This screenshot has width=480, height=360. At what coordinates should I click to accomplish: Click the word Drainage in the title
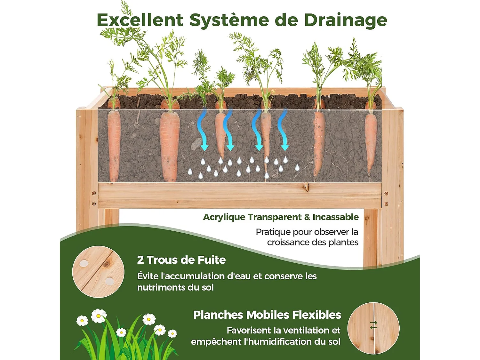(345, 20)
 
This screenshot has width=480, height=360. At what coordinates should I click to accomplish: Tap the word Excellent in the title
(140, 20)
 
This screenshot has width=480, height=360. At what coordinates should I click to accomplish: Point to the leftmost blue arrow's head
(204, 148)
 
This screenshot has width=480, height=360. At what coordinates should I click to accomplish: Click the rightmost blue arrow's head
(284, 147)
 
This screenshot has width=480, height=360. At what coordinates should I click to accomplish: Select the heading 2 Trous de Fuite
(181, 260)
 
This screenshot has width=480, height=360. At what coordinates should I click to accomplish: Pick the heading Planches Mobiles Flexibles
(267, 315)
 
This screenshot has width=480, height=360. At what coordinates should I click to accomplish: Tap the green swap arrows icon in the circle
(373, 325)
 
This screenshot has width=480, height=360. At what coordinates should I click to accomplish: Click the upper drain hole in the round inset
(84, 264)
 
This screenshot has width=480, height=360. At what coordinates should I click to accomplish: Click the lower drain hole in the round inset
(109, 281)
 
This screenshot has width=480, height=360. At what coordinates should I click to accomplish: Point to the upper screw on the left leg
(94, 193)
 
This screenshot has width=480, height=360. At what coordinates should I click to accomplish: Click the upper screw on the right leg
(386, 194)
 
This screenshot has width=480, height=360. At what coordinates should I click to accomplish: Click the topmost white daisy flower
(99, 316)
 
